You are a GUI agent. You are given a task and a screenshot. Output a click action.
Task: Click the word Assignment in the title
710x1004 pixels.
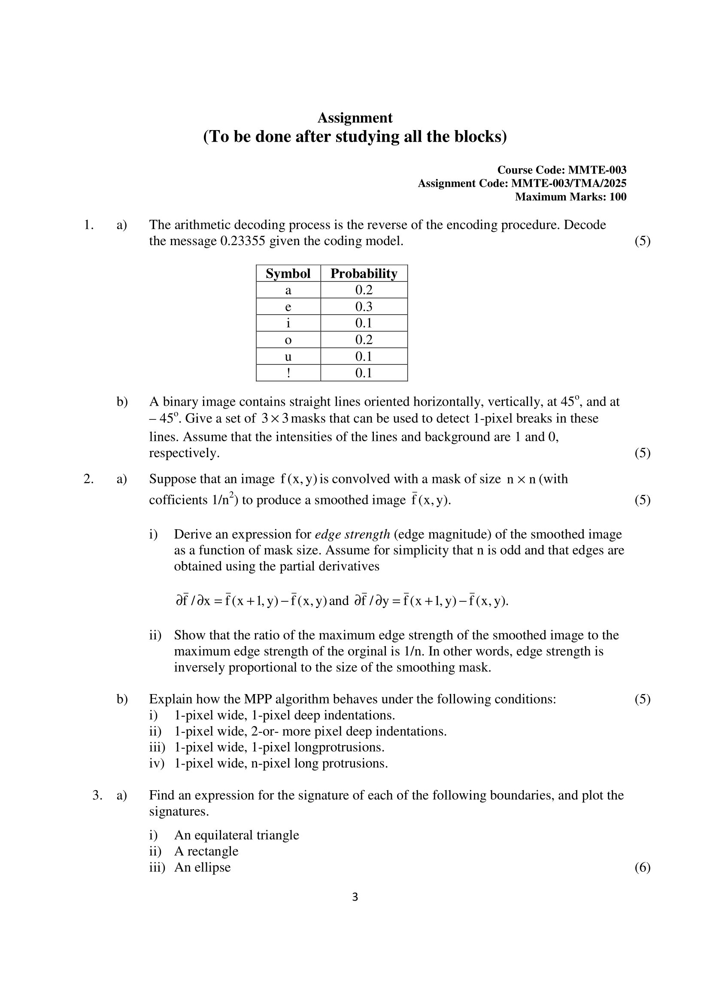click(355, 118)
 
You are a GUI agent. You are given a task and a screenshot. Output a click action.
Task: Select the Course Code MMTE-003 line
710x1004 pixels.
click(561, 170)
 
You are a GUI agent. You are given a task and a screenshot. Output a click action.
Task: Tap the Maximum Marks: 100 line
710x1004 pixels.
click(570, 197)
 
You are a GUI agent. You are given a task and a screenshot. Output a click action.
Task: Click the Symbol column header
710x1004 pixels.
click(288, 274)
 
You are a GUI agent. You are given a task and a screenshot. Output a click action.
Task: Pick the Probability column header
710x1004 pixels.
click(364, 274)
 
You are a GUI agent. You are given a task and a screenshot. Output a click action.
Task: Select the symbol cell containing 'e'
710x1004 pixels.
click(288, 307)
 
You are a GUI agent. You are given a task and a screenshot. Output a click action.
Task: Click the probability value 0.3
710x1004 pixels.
click(364, 307)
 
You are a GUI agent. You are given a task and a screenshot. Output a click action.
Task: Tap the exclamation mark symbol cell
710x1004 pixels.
click(288, 373)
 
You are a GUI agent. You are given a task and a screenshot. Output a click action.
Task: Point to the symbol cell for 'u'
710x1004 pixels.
click(288, 357)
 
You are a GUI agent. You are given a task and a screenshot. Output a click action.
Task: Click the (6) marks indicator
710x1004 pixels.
click(642, 868)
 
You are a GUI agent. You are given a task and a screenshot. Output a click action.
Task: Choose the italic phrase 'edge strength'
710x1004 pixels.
click(352, 534)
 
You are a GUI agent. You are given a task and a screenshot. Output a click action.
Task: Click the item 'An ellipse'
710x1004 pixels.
click(203, 868)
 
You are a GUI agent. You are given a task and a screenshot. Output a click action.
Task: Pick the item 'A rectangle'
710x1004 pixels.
click(206, 851)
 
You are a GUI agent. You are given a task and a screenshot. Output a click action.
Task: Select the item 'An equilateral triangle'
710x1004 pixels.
click(237, 835)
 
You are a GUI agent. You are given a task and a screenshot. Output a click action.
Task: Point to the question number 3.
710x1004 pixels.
click(97, 795)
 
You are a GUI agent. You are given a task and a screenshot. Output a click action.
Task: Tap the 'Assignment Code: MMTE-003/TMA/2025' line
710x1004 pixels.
click(522, 183)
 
